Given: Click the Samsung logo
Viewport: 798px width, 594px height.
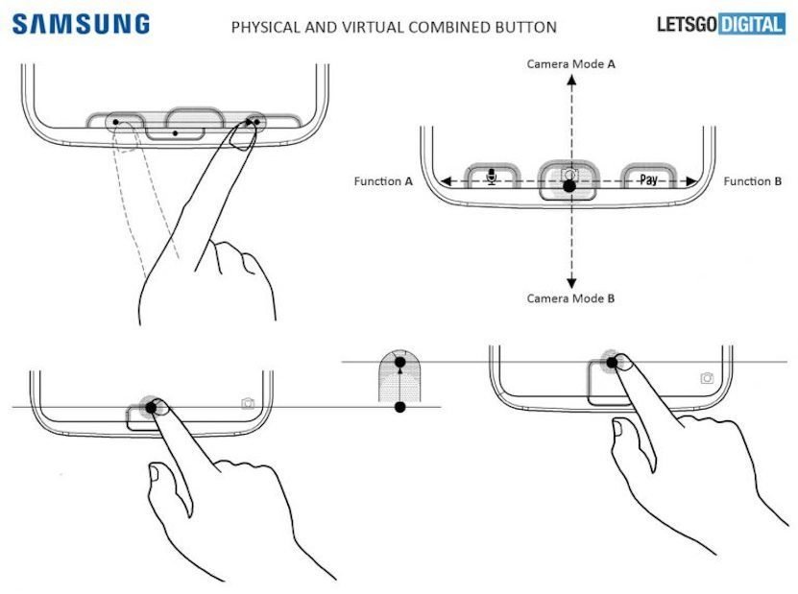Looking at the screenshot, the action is click(x=81, y=24).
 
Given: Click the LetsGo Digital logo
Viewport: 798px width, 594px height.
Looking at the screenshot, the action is click(x=720, y=24).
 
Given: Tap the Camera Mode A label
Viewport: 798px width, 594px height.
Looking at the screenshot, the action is click(x=570, y=64).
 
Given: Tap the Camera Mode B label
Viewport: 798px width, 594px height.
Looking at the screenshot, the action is click(x=570, y=298).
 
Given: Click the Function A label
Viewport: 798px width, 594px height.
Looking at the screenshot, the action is click(x=383, y=181).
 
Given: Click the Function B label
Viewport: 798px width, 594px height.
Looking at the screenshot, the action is click(x=752, y=181).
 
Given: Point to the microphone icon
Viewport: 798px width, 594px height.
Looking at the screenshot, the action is click(x=491, y=177).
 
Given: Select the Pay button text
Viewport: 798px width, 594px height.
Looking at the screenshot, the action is click(x=648, y=179).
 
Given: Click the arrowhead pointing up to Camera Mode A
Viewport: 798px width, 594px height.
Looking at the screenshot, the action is click(x=572, y=80).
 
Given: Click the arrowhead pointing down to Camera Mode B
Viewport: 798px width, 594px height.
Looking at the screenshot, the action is click(x=572, y=283).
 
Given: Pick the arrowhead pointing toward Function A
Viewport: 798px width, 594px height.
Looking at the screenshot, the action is click(x=447, y=181).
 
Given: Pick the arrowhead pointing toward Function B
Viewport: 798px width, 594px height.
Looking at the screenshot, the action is click(x=691, y=181).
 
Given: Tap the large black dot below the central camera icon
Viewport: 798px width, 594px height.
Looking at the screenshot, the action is click(x=569, y=186).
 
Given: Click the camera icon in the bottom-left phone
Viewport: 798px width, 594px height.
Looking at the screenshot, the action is click(x=248, y=403).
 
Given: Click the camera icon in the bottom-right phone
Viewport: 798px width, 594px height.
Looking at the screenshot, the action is click(x=707, y=378).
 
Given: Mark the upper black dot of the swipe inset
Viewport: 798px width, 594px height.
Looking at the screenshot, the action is click(x=400, y=363).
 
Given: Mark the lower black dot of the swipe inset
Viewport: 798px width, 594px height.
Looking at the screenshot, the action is click(x=400, y=408).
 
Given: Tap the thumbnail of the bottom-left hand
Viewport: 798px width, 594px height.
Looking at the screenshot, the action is click(x=154, y=474).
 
